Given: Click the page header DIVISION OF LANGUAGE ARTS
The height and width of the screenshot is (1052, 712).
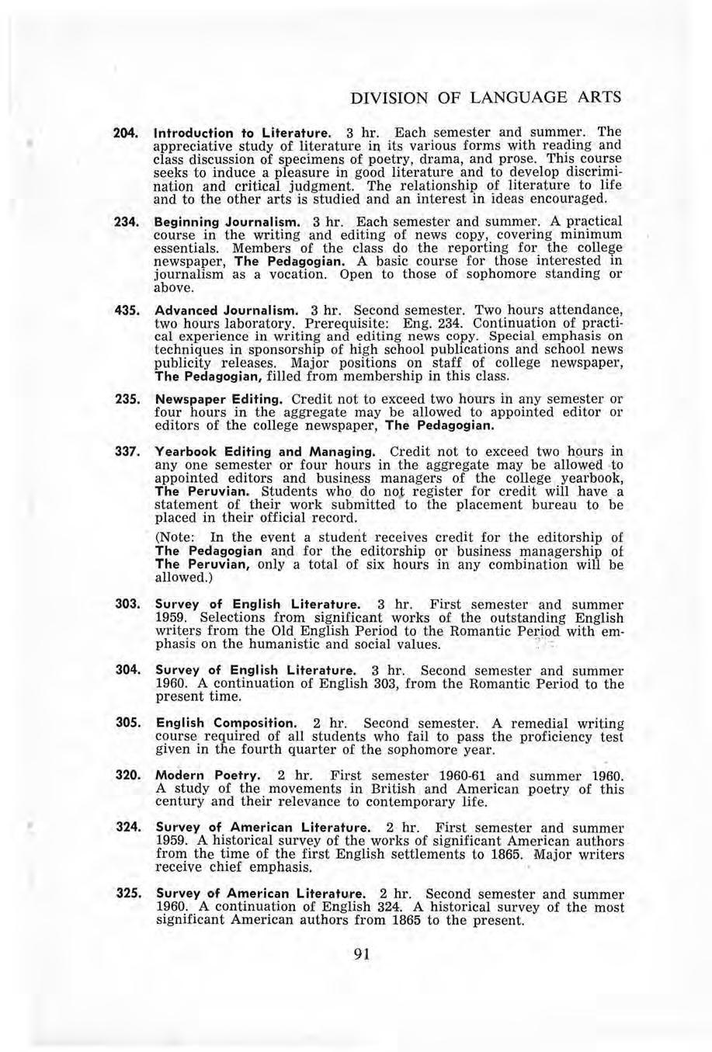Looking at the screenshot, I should coord(486,99).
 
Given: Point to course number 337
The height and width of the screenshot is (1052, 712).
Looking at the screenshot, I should coord(126,452).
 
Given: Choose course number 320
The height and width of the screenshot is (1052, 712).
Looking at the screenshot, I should coord(126,776).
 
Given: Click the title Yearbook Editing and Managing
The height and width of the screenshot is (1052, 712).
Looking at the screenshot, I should coord(266,452).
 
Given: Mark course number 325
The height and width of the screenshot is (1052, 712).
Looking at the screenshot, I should coord(126,893).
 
